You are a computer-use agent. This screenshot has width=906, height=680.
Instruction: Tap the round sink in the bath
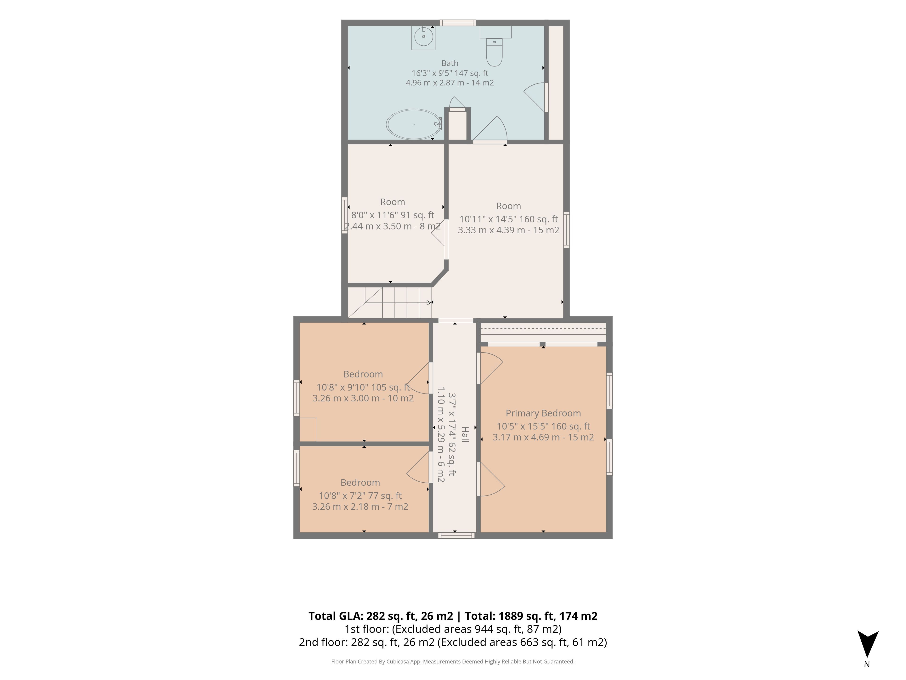pyautogui.click(x=424, y=37)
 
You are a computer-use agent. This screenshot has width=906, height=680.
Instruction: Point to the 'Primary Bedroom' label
pyautogui.click(x=543, y=413)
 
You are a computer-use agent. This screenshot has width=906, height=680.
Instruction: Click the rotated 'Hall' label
pyautogui.click(x=465, y=434)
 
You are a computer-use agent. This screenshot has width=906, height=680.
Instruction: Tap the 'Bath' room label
pyautogui.click(x=450, y=63)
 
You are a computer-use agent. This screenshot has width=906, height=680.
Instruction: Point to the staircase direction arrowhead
pyautogui.click(x=429, y=302)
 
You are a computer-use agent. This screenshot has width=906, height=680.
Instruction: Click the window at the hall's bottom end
pyautogui.click(x=456, y=535)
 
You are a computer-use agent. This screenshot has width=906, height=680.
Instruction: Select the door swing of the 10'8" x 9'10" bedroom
pyautogui.click(x=419, y=378)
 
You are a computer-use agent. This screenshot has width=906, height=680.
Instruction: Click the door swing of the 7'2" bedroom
pyautogui.click(x=419, y=467)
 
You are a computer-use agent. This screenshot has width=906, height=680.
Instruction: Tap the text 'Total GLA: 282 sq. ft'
pyautogui.click(x=381, y=616)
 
